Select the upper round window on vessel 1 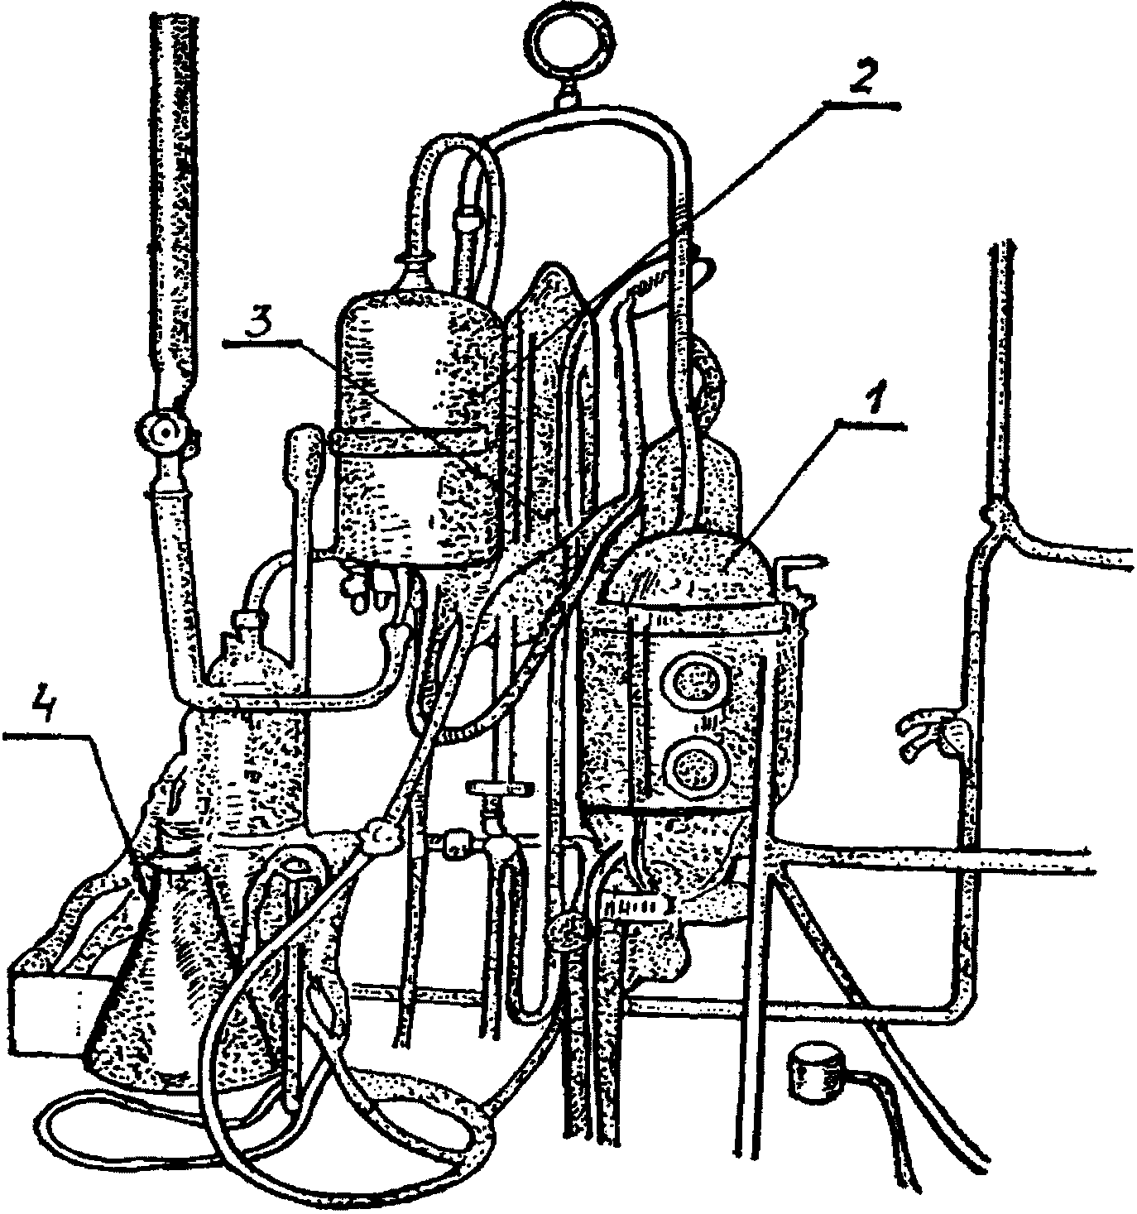point(693,682)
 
